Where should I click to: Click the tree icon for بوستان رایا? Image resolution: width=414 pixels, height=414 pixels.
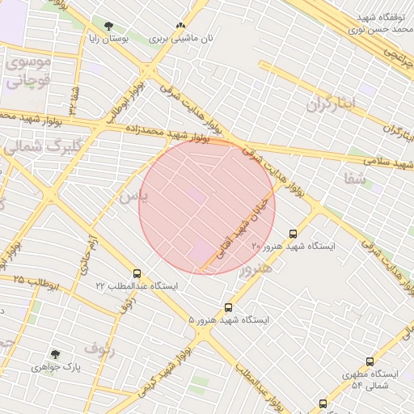click(x=108, y=26)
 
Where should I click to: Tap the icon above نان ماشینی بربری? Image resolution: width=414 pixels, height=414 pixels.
click(x=180, y=25)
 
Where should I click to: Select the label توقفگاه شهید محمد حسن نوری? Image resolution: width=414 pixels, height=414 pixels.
click(x=372, y=23)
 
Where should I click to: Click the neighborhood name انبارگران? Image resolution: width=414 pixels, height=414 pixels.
click(x=332, y=104)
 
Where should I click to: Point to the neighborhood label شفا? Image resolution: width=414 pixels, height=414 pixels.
click(x=354, y=180)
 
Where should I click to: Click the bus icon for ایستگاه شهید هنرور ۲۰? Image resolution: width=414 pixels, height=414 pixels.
click(x=293, y=234)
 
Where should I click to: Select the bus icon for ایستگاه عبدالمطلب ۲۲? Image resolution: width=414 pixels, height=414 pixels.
click(x=137, y=273)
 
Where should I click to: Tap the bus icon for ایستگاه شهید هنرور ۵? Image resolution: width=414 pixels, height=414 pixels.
click(x=228, y=307)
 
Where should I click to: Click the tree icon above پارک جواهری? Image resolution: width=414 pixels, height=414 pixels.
click(x=55, y=354)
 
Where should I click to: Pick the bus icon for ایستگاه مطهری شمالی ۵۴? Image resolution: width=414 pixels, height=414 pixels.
click(x=370, y=361)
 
